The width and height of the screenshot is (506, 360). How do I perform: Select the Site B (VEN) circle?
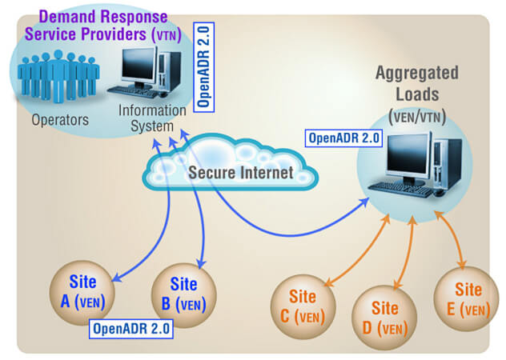click(x=184, y=293)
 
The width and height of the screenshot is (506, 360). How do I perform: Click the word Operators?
click(x=55, y=120)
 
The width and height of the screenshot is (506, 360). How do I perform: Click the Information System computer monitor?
click(x=138, y=66)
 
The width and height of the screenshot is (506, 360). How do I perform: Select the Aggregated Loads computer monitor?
click(x=411, y=158)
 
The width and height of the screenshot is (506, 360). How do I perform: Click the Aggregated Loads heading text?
click(x=416, y=82)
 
